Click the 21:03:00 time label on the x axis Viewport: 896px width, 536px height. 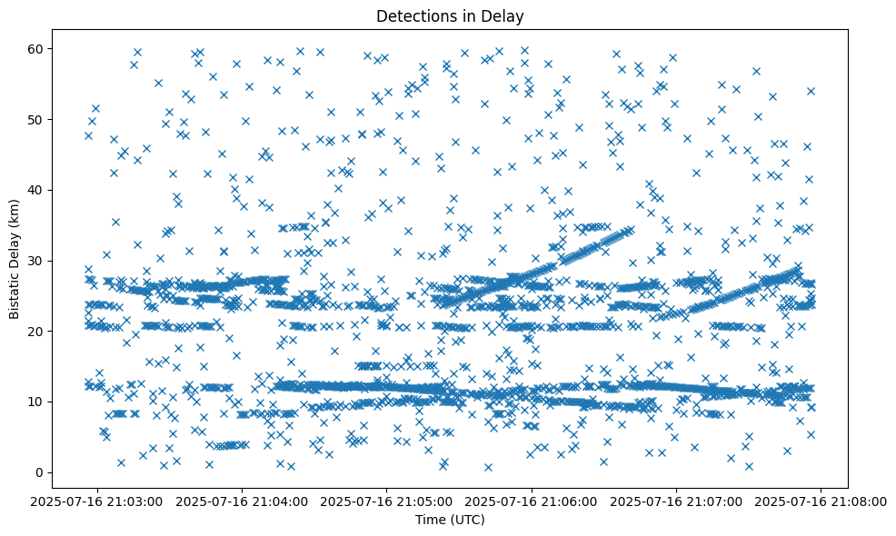point(98,501)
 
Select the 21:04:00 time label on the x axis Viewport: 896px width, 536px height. point(244,501)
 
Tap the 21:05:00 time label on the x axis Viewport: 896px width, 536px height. point(388,501)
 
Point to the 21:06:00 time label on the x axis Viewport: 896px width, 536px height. point(533,501)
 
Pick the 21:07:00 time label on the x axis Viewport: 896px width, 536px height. point(677,501)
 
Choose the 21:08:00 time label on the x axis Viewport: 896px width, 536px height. point(821,501)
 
